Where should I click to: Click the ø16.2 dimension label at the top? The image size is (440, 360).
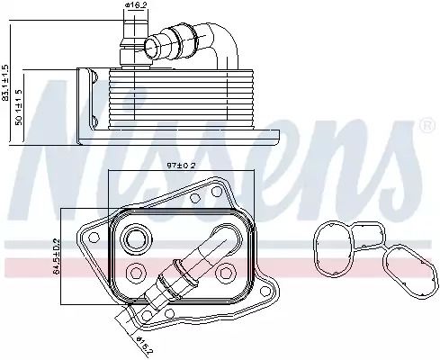tap(135, 5)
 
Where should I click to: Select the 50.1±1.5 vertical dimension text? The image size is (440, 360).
tap(19, 107)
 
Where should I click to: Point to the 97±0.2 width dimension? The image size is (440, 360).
tap(181, 166)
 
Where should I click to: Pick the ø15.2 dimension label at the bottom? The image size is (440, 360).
tap(144, 346)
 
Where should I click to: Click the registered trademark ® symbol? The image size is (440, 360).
tap(427, 126)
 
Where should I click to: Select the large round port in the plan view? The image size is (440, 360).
tap(137, 238)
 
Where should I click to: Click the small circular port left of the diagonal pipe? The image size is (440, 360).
tap(136, 273)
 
